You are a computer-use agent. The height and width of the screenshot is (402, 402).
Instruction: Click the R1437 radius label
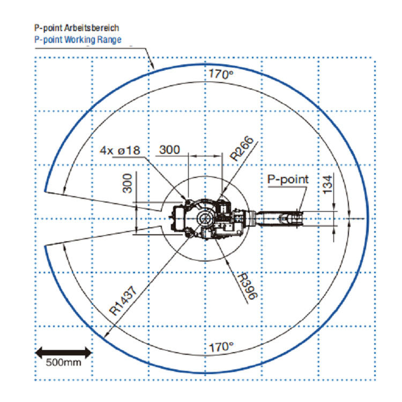[123, 301]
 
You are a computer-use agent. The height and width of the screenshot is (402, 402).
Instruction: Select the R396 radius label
[247, 286]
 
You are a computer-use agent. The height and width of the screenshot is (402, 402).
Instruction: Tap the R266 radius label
[242, 148]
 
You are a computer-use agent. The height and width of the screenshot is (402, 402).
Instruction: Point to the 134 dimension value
[327, 184]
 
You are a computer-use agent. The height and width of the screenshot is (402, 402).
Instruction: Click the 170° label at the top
[221, 74]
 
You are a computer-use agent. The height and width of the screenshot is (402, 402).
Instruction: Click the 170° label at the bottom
[221, 347]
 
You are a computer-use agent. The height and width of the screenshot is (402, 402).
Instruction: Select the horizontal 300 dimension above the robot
[169, 150]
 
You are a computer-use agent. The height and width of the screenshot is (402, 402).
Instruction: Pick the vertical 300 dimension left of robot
[128, 183]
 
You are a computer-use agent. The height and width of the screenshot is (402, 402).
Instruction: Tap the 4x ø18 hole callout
[120, 150]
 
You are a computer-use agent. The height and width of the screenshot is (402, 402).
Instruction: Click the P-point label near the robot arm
[288, 179]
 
